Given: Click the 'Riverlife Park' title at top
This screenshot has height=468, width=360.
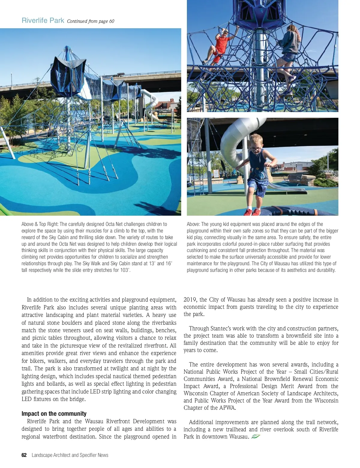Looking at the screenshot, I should pyautogui.click(x=43, y=20).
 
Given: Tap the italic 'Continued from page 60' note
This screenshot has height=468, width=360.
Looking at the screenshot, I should pyautogui.click(x=91, y=21).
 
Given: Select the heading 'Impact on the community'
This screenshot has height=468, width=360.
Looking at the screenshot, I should pyautogui.click(x=54, y=414).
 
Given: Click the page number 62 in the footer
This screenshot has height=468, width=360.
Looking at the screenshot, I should pyautogui.click(x=24, y=455).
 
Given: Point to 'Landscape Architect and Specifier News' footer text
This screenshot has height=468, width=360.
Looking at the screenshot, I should pyautogui.click(x=70, y=455).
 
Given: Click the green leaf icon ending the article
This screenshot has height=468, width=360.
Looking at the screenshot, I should pyautogui.click(x=256, y=436).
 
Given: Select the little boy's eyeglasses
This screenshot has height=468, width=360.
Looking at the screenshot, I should pyautogui.click(x=256, y=148).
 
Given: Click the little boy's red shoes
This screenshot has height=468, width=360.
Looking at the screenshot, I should pyautogui.click(x=252, y=212).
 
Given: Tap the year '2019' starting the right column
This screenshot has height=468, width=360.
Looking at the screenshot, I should pyautogui.click(x=190, y=299).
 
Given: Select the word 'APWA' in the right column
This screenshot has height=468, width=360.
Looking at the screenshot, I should pyautogui.click(x=227, y=408).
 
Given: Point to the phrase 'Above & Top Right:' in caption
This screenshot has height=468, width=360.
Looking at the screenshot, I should pyautogui.click(x=40, y=224).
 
